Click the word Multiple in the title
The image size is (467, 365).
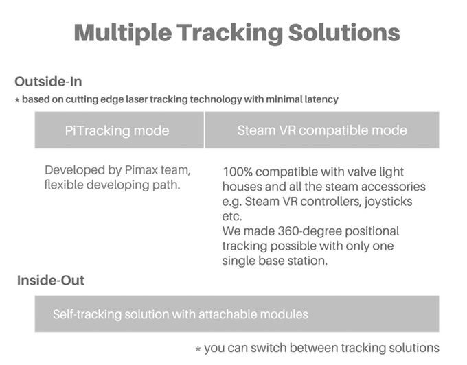123,34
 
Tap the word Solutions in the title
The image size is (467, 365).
344,32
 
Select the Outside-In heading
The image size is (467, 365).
48,82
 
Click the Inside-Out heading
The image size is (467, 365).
51,280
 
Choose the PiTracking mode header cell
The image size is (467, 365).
119,130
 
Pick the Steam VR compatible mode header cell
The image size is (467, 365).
322,130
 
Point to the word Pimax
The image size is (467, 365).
141,170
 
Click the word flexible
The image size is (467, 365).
64,185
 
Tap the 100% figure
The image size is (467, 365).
238,172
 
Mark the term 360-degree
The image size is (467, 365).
309,231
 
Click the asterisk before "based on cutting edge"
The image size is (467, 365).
17,100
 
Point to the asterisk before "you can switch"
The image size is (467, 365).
198,349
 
